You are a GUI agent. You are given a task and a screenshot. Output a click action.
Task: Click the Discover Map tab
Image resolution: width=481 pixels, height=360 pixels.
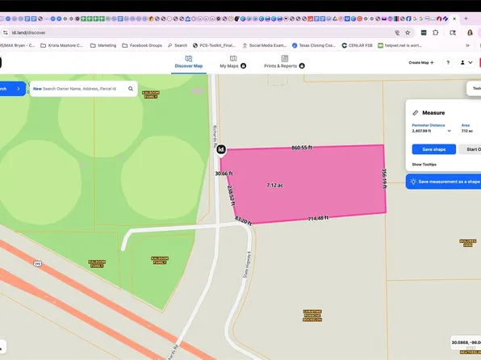point(189,61)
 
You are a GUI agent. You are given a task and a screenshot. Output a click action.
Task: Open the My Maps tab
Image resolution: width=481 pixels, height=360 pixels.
point(232,61)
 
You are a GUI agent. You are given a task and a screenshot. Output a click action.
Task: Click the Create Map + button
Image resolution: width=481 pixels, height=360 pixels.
point(420,62)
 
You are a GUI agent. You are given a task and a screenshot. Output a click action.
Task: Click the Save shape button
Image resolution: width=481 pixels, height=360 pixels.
point(433,149)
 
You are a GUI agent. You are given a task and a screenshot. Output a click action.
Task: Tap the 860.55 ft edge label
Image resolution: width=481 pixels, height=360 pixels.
point(302,148)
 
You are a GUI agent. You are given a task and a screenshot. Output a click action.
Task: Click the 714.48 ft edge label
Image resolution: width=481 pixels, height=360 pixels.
point(318,218)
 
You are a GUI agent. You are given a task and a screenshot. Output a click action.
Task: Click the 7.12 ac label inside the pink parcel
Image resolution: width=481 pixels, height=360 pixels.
point(275,185)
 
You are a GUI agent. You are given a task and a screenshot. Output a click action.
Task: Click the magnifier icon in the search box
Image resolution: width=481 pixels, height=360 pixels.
point(130,89)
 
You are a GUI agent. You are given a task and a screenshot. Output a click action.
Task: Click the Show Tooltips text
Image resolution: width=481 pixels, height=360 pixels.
point(424,164)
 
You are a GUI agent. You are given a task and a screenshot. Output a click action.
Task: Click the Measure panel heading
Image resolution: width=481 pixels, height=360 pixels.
point(433,113)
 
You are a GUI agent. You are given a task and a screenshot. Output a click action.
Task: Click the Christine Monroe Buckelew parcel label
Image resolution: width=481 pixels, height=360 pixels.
point(313,314)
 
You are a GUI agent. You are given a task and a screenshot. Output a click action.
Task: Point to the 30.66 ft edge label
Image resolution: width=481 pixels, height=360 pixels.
point(224,174)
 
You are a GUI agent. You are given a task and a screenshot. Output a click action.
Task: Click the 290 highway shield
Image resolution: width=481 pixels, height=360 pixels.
point(37,263)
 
